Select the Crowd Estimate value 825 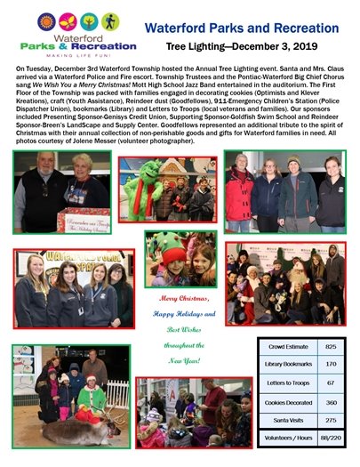330,343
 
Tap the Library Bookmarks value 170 330,362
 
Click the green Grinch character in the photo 156,187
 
